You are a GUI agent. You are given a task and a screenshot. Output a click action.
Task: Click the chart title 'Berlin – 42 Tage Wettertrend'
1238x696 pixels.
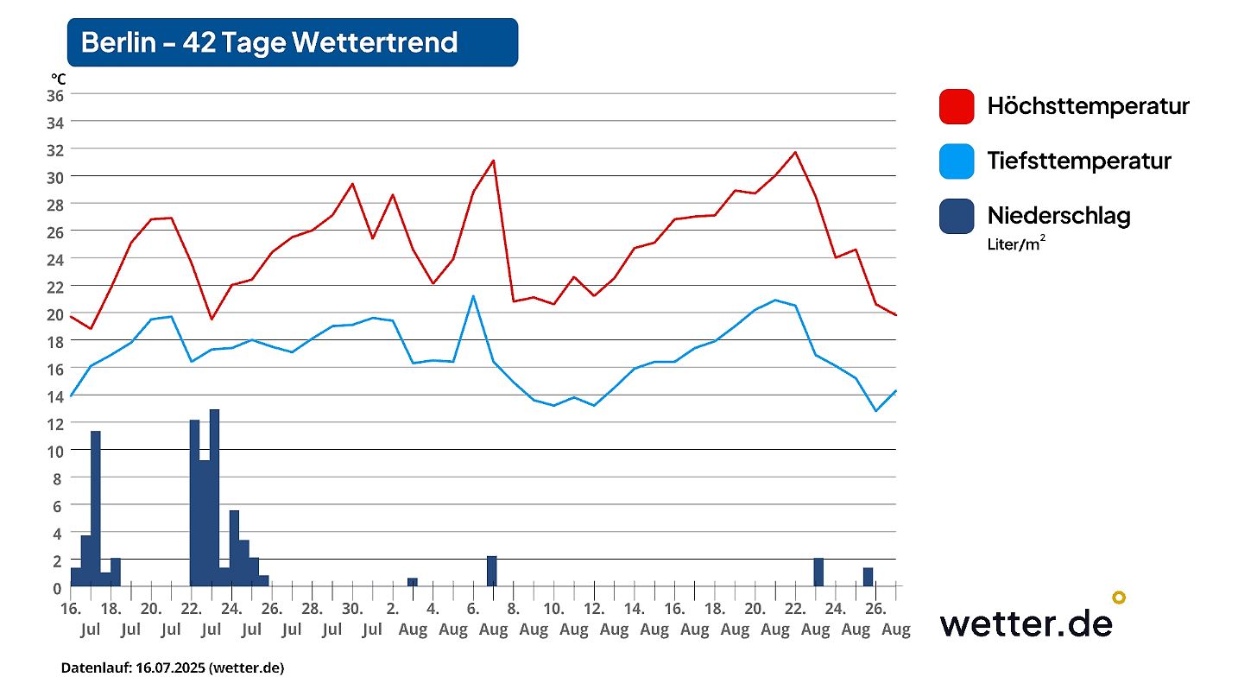click(269, 42)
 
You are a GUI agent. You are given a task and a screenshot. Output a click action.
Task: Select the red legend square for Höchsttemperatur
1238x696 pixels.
click(957, 106)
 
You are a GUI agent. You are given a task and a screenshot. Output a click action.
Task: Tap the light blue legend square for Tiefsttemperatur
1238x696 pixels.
click(957, 161)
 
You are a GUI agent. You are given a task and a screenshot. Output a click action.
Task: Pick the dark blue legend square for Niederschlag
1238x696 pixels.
click(957, 216)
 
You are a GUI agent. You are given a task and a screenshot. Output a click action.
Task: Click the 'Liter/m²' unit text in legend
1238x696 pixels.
click(1017, 244)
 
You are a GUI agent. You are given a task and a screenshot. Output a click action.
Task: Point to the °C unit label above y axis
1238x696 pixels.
click(57, 79)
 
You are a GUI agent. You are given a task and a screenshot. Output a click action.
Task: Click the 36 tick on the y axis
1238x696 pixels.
click(54, 95)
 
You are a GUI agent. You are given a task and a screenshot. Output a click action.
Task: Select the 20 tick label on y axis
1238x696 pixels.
click(54, 313)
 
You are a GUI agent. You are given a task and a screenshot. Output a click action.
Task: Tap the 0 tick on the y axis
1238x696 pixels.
click(58, 588)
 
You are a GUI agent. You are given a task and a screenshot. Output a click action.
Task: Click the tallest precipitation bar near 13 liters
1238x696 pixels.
click(214, 497)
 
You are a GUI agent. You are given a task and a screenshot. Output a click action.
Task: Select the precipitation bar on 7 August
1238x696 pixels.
click(491, 572)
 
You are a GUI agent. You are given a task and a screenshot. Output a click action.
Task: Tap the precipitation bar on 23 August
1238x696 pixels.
click(818, 573)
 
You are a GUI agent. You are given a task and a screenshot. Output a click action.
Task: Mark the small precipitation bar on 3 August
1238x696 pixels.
click(413, 582)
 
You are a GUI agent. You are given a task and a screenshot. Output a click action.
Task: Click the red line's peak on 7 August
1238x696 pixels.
click(493, 161)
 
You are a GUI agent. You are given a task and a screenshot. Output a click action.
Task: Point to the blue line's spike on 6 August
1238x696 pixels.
click(473, 296)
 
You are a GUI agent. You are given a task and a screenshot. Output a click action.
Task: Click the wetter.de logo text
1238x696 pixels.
click(1026, 622)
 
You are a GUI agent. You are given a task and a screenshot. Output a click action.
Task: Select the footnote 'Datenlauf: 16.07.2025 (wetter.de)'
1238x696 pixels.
click(173, 668)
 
